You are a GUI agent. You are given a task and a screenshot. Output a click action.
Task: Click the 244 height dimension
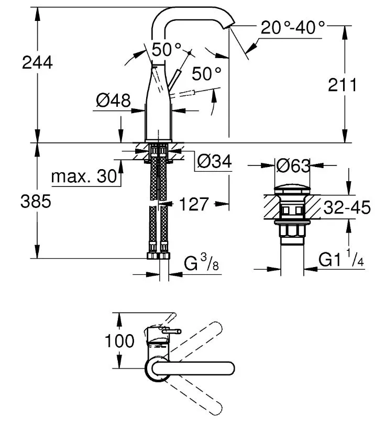coord(37,62)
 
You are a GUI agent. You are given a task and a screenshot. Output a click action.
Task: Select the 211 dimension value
coord(343,85)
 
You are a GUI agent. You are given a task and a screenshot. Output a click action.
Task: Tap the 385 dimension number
coord(36,201)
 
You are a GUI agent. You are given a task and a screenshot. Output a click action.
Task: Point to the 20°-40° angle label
coord(293,27)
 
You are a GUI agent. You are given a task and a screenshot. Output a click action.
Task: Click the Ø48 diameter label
coord(113,101)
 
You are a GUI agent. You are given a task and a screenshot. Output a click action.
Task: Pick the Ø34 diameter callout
coord(214,161)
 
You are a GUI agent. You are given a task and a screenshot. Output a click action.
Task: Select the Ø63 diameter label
coord(293,165)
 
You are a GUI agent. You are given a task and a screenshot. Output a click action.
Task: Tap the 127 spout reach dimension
coord(194,204)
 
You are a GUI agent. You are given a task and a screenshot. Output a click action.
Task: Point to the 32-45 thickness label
coord(347,207)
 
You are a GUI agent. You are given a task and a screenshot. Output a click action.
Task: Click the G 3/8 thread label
coord(201,263)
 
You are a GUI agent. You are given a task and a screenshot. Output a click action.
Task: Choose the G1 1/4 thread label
coord(342,258)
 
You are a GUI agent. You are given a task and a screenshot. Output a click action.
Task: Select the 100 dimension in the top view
coord(119,341)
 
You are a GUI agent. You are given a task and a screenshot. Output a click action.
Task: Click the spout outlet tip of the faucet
coord(228,26)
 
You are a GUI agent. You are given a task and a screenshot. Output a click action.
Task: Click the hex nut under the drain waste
coord(293,230)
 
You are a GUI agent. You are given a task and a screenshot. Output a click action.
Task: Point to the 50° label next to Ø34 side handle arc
coord(206,73)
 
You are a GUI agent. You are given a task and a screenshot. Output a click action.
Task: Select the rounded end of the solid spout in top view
coord(230,368)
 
